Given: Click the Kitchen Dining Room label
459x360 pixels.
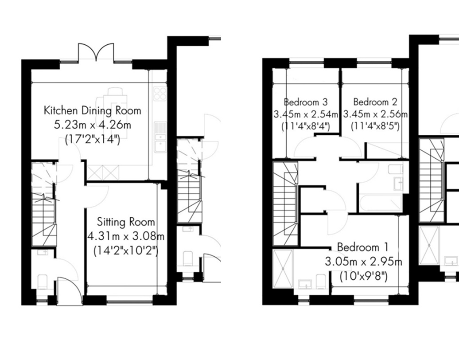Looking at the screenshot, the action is [93, 111].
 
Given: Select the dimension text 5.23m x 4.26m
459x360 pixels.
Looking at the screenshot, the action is [93, 125].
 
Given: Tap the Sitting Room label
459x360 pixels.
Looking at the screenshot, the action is [126, 222].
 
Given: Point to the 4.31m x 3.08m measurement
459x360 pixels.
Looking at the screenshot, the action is [126, 236].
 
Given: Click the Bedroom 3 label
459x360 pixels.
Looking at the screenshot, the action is [306, 102].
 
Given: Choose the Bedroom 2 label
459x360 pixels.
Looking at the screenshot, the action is [375, 102].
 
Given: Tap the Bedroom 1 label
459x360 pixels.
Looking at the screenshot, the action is [363, 247].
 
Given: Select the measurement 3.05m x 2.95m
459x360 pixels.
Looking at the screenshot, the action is [363, 262].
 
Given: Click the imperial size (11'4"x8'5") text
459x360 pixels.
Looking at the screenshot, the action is [375, 126].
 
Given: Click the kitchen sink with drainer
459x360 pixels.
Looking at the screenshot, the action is [160, 137].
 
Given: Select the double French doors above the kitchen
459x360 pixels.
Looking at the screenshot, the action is [96, 53].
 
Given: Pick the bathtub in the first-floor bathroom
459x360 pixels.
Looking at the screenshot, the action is [380, 203].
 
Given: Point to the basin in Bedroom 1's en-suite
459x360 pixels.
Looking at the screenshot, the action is [305, 284].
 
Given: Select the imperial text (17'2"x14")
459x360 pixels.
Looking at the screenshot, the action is [93, 139].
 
